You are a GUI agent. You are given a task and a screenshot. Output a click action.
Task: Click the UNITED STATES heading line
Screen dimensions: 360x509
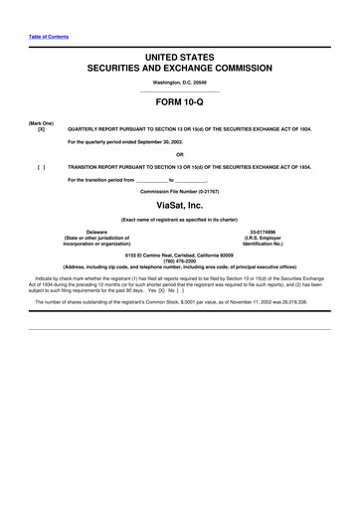(x=179, y=61)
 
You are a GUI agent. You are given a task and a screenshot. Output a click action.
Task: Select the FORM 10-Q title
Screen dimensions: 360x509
(x=179, y=104)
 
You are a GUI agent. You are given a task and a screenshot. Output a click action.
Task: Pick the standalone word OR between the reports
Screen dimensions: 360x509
(x=179, y=153)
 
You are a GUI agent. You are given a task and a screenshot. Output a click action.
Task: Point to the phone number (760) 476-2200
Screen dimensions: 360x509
(x=179, y=261)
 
